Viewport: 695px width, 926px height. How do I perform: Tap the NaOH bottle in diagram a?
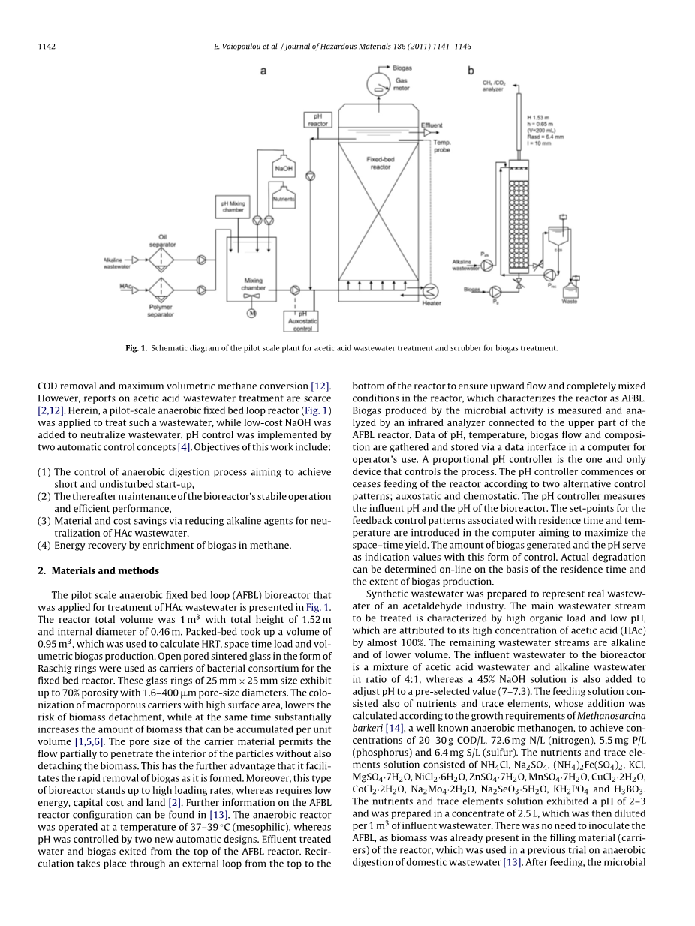tap(284, 167)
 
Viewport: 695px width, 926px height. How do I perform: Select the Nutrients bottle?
tap(283, 197)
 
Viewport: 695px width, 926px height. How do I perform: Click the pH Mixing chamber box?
tap(232, 206)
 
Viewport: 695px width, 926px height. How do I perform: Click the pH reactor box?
tap(317, 120)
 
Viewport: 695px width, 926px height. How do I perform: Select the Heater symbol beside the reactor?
tap(431, 292)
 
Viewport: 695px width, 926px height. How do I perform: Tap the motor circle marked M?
tap(251, 313)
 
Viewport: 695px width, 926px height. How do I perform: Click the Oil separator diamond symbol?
tap(161, 260)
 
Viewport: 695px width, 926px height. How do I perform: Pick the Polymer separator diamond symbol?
tap(161, 289)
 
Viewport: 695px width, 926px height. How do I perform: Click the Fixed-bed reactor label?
tap(380, 163)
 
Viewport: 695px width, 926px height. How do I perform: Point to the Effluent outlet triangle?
tap(428, 132)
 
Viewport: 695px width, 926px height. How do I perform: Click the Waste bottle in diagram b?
tap(570, 287)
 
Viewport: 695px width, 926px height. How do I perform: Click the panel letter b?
tap(471, 71)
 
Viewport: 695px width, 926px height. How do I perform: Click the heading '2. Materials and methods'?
tap(98, 570)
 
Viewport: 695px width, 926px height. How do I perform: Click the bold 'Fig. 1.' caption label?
tap(137, 348)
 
